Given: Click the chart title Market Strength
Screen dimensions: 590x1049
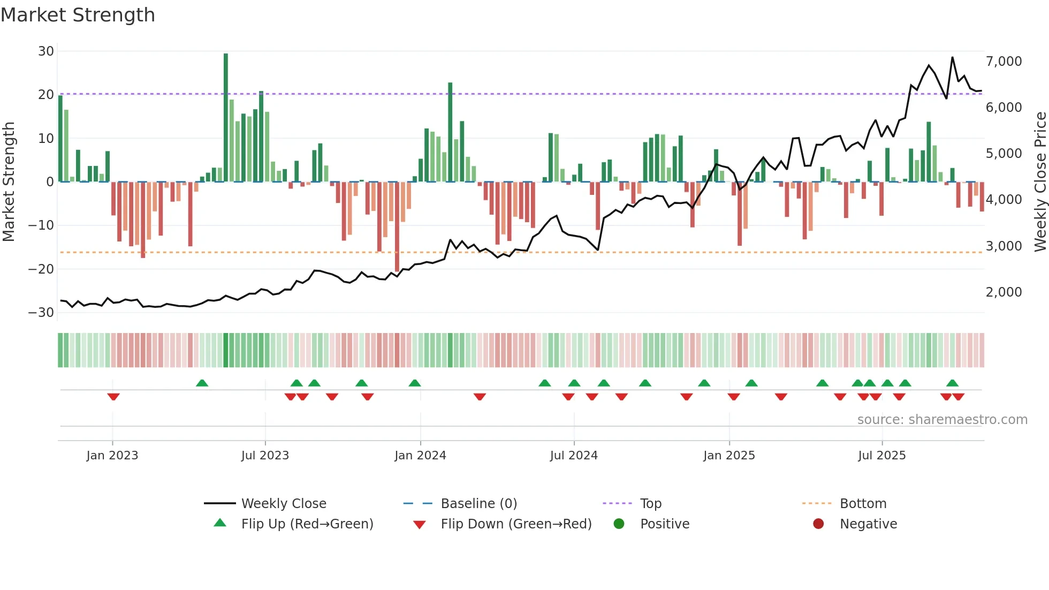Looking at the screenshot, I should coord(78,15).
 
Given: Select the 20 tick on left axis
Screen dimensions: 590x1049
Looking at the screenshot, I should coord(46,95).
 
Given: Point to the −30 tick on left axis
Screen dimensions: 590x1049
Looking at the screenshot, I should coord(41,313).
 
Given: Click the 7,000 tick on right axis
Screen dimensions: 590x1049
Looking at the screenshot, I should coord(1004,62).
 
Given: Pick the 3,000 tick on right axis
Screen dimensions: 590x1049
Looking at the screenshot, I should coord(1004,246).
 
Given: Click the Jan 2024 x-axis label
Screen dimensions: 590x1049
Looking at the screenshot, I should coord(420,456).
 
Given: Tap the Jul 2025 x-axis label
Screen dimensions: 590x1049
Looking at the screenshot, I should coord(881,456).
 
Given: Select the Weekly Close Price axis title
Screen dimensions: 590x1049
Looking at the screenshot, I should coord(1040,182).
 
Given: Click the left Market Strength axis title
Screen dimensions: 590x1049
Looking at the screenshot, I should coord(9,182).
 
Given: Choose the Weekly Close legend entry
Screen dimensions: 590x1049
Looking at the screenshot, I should coord(283,504).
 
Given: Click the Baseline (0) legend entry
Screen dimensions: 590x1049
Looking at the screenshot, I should coord(478,504).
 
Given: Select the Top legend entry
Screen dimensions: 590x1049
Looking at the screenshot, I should coord(650,504).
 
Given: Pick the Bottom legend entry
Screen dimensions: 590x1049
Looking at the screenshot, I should coord(863,504).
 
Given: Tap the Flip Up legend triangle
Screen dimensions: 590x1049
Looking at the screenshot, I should coord(220,523).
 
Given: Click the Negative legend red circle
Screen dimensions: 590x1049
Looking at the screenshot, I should coord(818,524).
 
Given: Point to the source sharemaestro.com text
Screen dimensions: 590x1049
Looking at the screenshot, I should coord(942,420).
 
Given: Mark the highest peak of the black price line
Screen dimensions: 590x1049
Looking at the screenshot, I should coord(952,57).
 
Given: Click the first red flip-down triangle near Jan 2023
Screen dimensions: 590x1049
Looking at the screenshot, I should coord(113,397).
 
